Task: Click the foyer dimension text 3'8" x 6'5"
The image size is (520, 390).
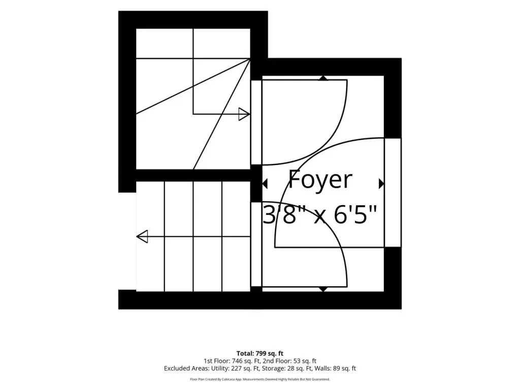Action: point(320,215)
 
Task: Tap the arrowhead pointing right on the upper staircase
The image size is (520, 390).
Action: point(244,114)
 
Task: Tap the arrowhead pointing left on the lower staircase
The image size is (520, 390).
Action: point(142,237)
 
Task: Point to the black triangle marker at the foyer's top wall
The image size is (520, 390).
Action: point(323,78)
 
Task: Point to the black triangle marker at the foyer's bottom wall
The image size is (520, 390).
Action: point(323,289)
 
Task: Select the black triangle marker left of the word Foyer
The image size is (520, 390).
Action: point(265,183)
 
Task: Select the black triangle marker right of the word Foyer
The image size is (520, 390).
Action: point(381,183)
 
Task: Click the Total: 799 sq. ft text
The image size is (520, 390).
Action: point(259,353)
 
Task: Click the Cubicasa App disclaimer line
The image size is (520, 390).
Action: point(259,379)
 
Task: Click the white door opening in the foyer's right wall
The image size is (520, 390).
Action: point(393,192)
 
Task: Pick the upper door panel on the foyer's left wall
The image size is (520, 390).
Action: point(256,122)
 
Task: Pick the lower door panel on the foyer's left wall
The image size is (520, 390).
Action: point(256,244)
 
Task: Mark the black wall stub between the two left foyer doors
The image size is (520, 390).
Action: point(256,183)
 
